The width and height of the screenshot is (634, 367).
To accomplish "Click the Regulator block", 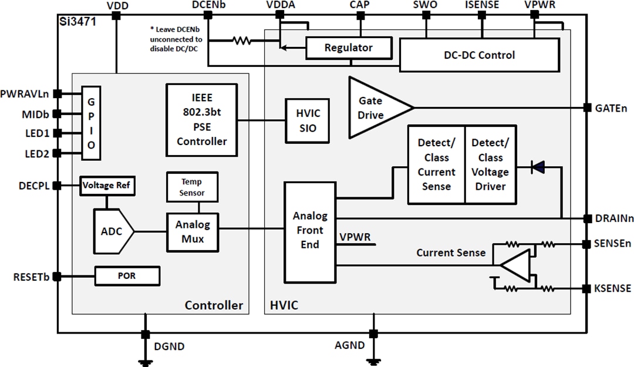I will point(349,48).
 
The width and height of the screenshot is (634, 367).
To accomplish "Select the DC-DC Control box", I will point(479,55).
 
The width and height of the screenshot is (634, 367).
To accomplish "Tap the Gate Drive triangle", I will point(376,107).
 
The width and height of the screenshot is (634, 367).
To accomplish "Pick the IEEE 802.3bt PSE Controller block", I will point(201,120).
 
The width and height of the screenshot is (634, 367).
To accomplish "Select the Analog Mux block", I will point(192,231).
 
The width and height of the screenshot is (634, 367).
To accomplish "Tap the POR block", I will point(127,275).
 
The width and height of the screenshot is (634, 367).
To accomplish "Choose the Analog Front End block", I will point(310,231).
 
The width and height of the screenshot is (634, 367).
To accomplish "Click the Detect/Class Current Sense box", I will point(436,164).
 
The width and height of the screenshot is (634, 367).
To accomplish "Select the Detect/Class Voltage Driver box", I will point(490,164).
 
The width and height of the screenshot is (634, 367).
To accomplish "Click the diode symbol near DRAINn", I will point(537,167).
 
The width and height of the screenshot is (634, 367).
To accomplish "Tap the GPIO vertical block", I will point(90,123).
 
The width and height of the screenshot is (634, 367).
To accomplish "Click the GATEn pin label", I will point(610,107).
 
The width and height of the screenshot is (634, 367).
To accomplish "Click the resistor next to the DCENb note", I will point(241,41).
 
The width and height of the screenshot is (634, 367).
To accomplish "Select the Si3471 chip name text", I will point(78,21).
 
